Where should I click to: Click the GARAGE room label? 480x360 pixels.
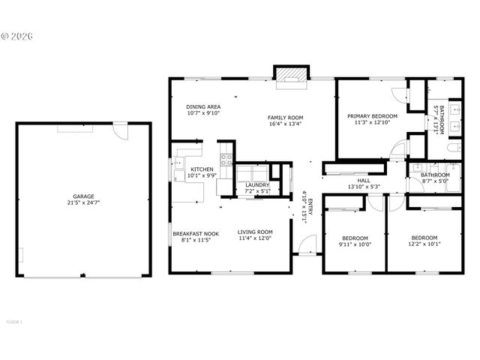(83, 196)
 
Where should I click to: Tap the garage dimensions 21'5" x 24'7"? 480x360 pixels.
(83, 203)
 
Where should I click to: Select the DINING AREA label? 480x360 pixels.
(203, 107)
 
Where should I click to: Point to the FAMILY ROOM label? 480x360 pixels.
(285, 118)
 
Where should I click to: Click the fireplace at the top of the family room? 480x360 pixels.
(291, 76)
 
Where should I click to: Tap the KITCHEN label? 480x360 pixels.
(202, 169)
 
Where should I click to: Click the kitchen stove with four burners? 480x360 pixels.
(226, 160)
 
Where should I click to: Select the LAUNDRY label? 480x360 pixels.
(257, 184)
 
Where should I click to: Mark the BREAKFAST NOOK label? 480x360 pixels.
(196, 233)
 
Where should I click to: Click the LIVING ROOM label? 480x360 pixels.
(255, 232)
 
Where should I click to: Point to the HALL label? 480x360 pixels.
(364, 181)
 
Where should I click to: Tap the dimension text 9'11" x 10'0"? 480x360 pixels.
(354, 244)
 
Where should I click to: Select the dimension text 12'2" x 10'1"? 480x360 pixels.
(424, 244)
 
